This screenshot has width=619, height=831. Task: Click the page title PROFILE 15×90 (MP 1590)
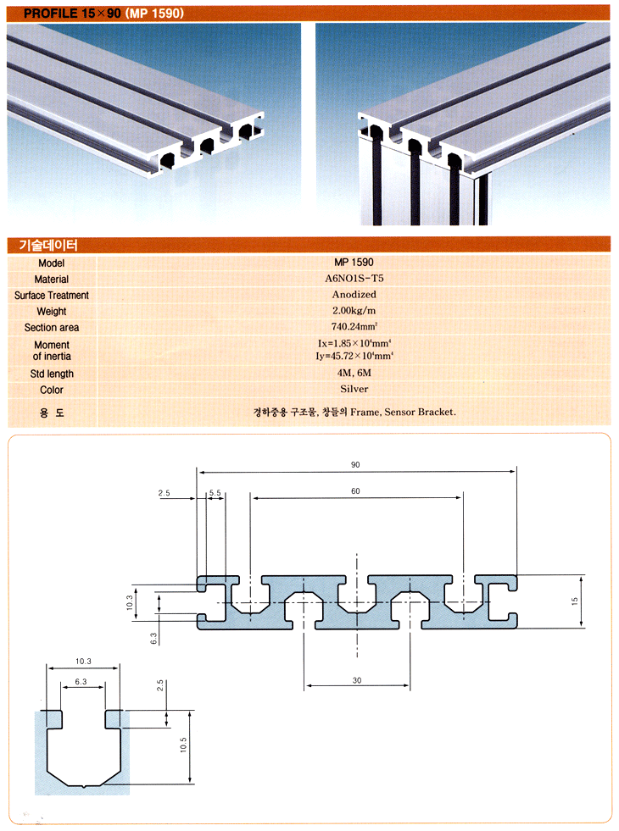(x=103, y=14)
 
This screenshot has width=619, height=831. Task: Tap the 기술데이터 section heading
(x=48, y=245)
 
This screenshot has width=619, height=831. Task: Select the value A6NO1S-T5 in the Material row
(x=354, y=278)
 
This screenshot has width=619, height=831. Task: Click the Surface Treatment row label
(x=52, y=295)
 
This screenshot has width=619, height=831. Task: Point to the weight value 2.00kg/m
(x=354, y=311)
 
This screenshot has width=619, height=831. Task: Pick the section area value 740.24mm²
(x=354, y=326)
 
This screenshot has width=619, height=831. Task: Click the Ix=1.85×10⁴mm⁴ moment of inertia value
(x=354, y=343)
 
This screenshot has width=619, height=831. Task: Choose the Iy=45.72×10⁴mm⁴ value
(x=354, y=356)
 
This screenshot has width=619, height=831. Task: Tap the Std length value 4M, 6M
(x=354, y=373)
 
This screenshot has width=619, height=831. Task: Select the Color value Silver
(x=354, y=389)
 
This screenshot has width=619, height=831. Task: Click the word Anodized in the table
(x=354, y=294)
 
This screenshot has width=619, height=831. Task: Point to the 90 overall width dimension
(x=355, y=465)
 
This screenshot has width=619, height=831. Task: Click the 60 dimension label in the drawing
(x=355, y=491)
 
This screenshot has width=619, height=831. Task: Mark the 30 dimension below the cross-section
(x=357, y=680)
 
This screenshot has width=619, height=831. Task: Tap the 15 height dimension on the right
(x=574, y=601)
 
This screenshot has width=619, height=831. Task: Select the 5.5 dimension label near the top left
(x=215, y=493)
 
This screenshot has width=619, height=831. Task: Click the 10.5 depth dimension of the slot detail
(x=183, y=745)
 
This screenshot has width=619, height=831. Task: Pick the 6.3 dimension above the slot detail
(x=81, y=682)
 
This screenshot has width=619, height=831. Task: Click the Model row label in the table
(x=52, y=263)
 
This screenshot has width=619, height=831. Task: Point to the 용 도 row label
(x=52, y=413)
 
